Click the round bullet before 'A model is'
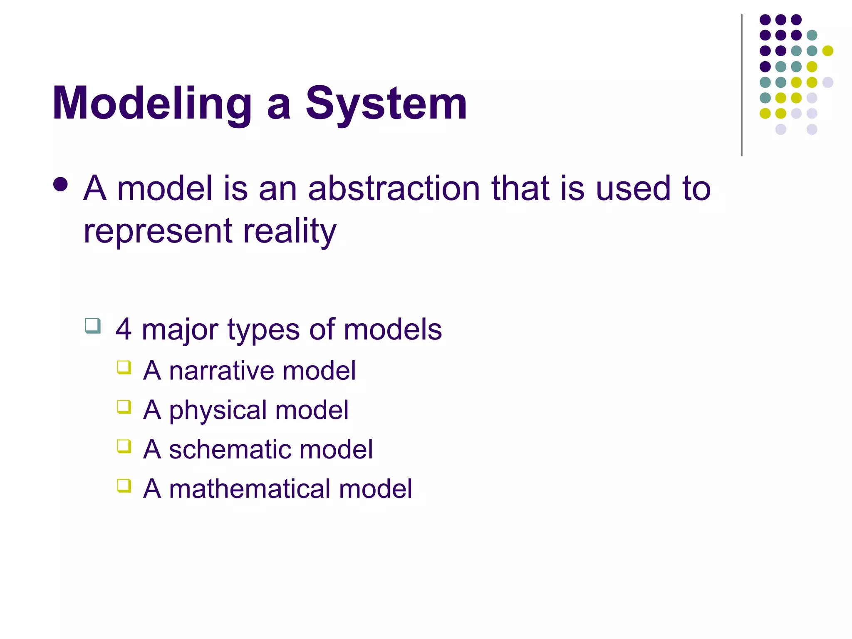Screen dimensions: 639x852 61,185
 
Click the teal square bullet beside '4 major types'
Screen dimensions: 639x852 93,326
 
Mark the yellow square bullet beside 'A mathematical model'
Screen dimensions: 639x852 124,485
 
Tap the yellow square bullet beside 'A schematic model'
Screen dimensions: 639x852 124,446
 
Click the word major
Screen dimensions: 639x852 180,329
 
